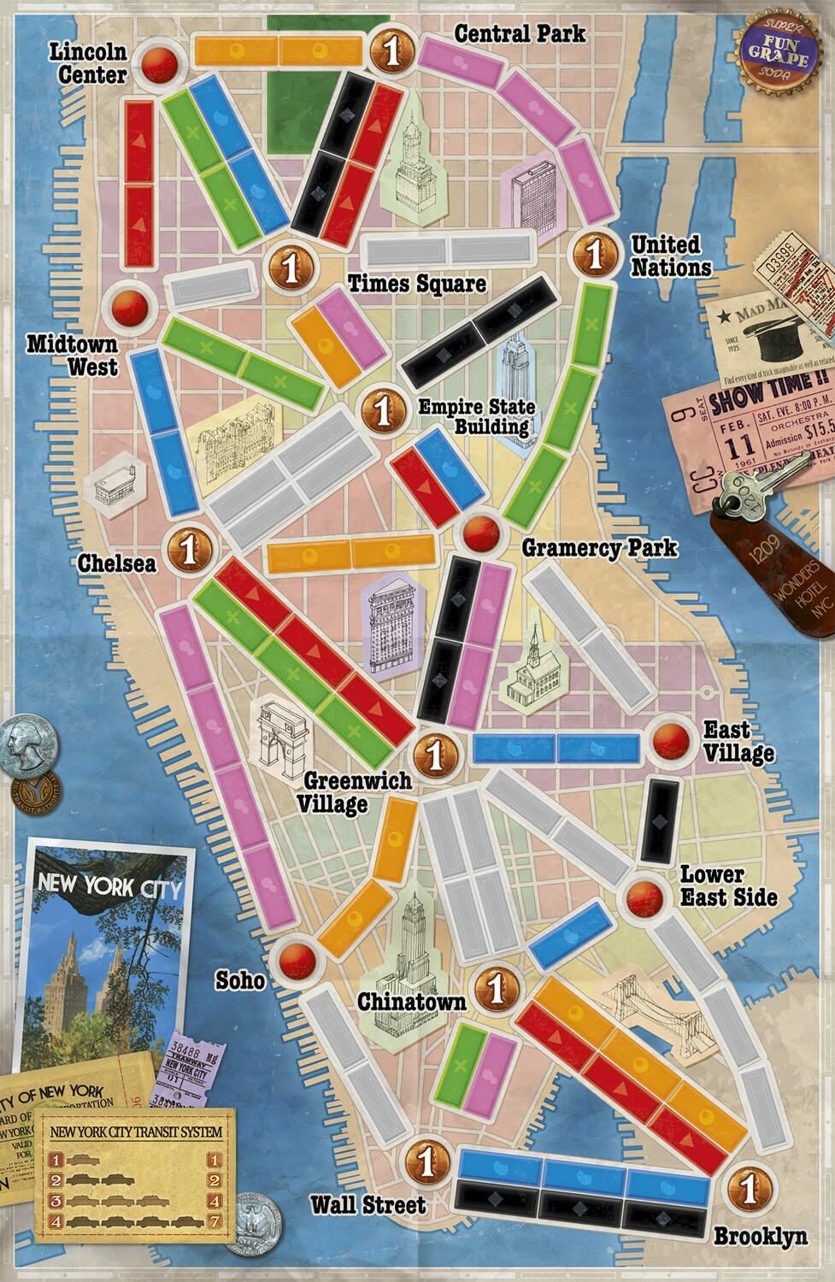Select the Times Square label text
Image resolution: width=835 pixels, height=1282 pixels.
point(416,284)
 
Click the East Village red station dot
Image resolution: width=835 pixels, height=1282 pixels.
point(670,740)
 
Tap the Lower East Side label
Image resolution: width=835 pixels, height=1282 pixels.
point(728,886)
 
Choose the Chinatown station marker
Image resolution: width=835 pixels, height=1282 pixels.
point(492,987)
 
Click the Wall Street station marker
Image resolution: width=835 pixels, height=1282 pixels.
point(425,1160)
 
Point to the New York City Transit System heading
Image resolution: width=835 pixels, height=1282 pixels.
point(137,1132)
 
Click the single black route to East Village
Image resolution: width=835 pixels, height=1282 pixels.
point(660,820)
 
